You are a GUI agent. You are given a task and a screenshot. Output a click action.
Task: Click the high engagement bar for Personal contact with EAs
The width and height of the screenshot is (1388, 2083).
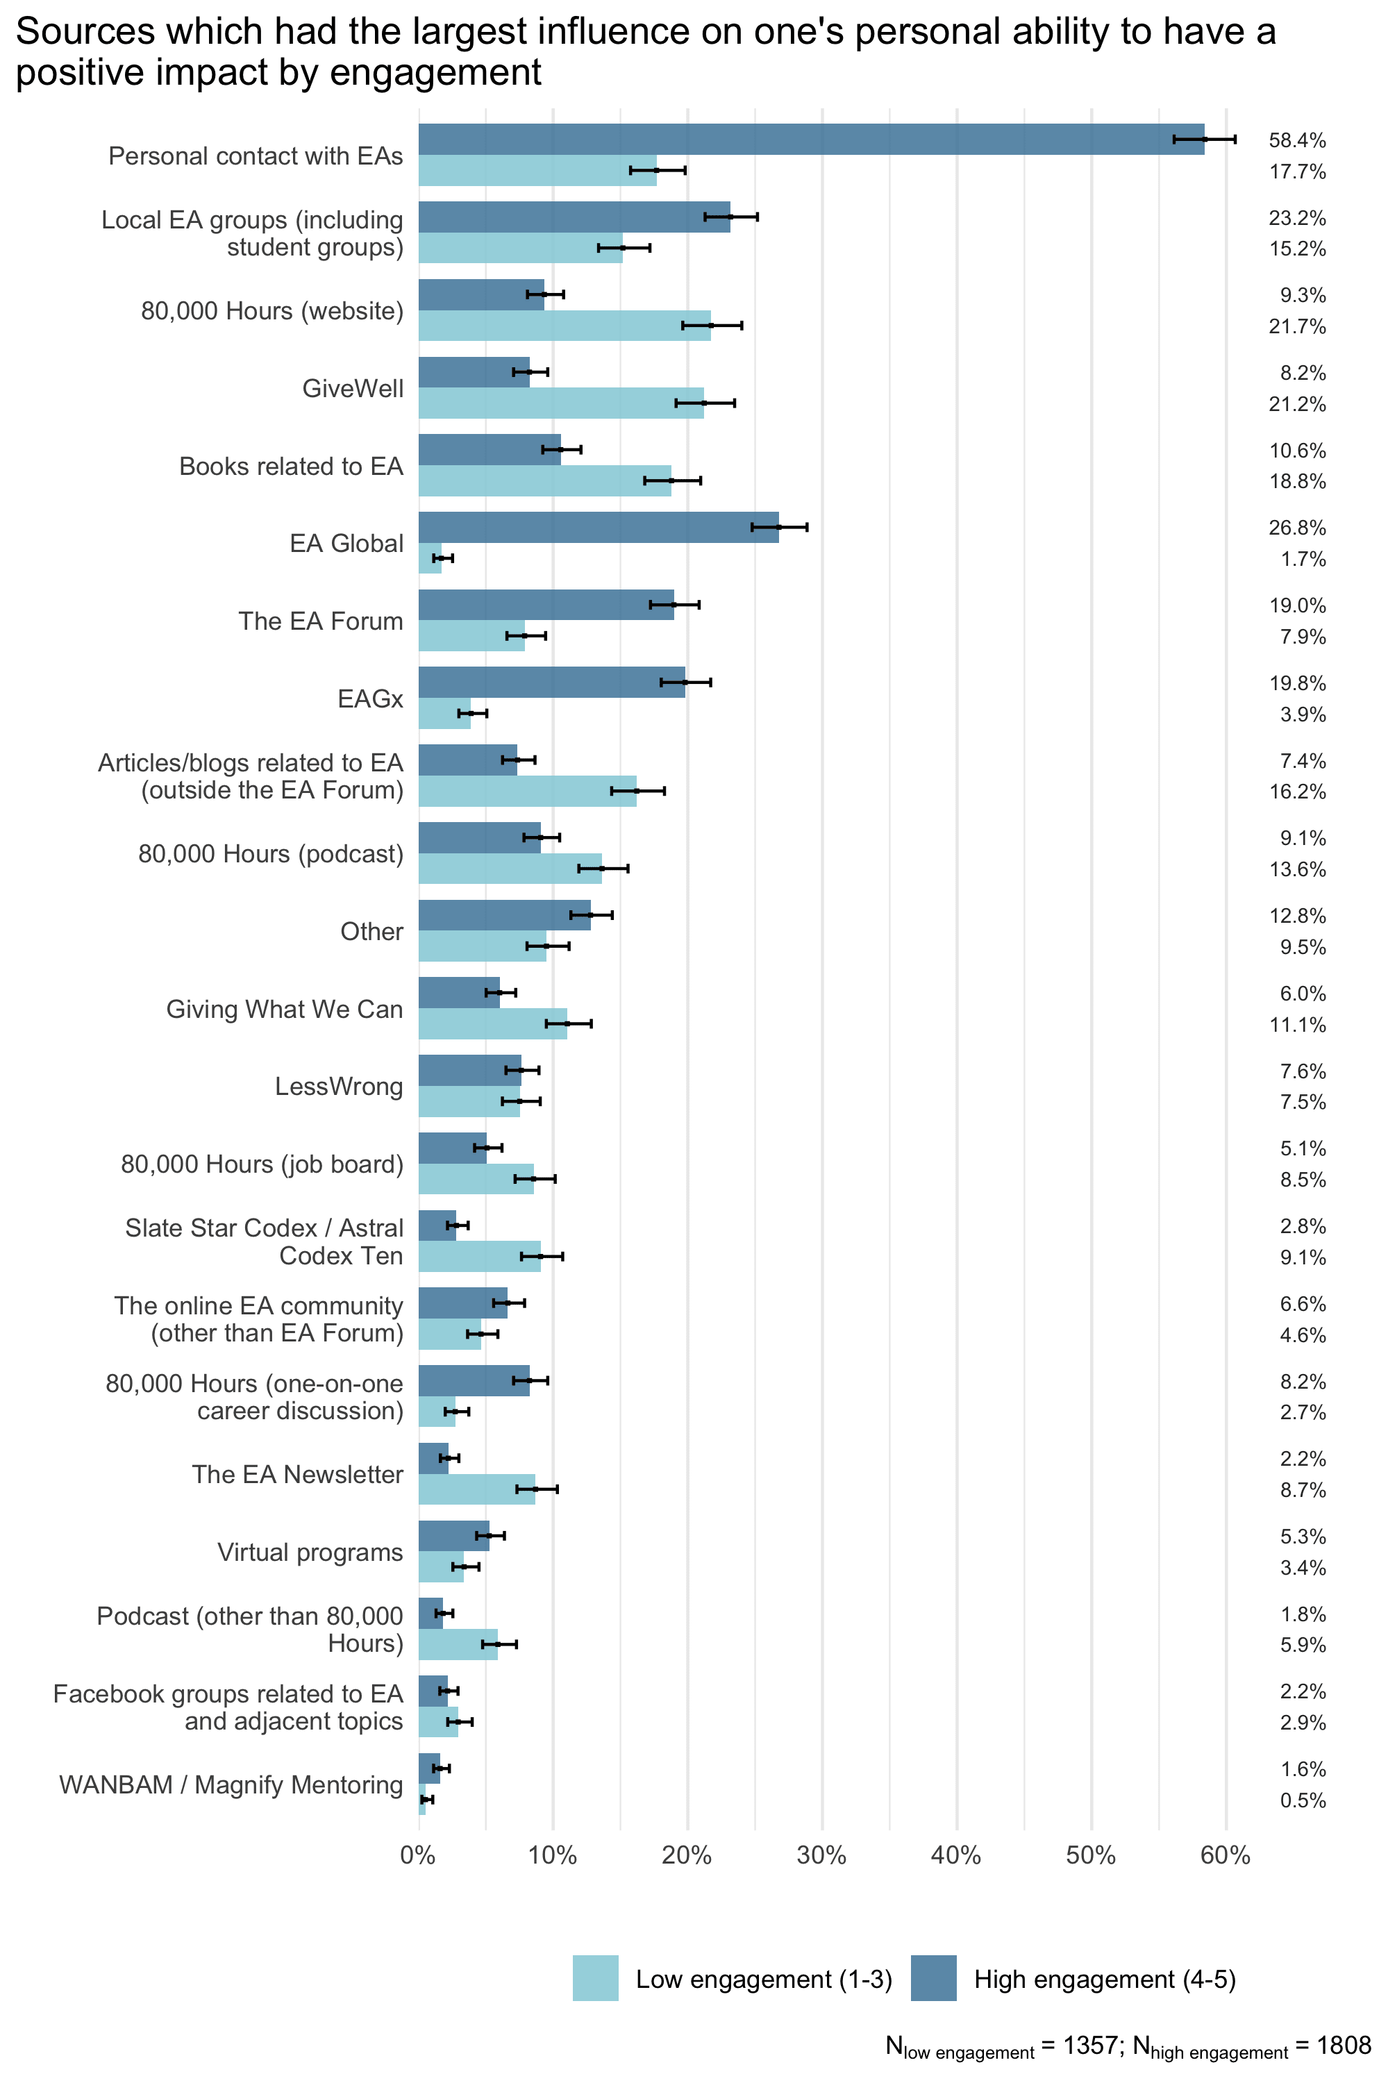(x=810, y=139)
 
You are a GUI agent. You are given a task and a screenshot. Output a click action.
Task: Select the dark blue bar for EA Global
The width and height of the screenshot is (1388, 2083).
(x=599, y=527)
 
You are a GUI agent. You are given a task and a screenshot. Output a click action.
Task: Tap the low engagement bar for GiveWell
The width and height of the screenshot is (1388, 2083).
(x=560, y=403)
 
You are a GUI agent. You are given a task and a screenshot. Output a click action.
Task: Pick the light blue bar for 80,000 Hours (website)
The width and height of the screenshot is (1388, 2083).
(x=564, y=326)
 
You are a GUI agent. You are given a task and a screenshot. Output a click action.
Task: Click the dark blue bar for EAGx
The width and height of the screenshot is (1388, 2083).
(x=551, y=682)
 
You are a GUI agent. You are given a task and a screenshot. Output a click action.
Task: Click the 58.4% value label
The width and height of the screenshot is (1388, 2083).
(x=1297, y=140)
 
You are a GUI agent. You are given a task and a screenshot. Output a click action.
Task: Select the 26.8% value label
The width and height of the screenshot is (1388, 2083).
(x=1297, y=528)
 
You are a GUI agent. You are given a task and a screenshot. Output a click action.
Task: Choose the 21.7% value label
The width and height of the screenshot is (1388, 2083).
(x=1297, y=326)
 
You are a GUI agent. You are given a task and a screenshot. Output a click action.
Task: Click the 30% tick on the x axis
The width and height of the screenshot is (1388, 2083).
(x=821, y=1855)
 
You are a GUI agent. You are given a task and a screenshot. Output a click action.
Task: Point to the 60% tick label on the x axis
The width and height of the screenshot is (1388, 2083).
(x=1225, y=1855)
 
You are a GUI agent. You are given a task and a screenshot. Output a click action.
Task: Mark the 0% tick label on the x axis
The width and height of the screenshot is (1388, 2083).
(x=418, y=1855)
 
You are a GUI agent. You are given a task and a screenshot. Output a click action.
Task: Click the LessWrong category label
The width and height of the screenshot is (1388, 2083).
(x=338, y=1086)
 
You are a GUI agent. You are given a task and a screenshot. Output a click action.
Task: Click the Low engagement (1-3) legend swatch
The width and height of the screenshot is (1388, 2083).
(x=595, y=1977)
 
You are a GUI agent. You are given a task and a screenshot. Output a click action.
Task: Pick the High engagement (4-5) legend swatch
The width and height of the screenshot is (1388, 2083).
(x=933, y=1977)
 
